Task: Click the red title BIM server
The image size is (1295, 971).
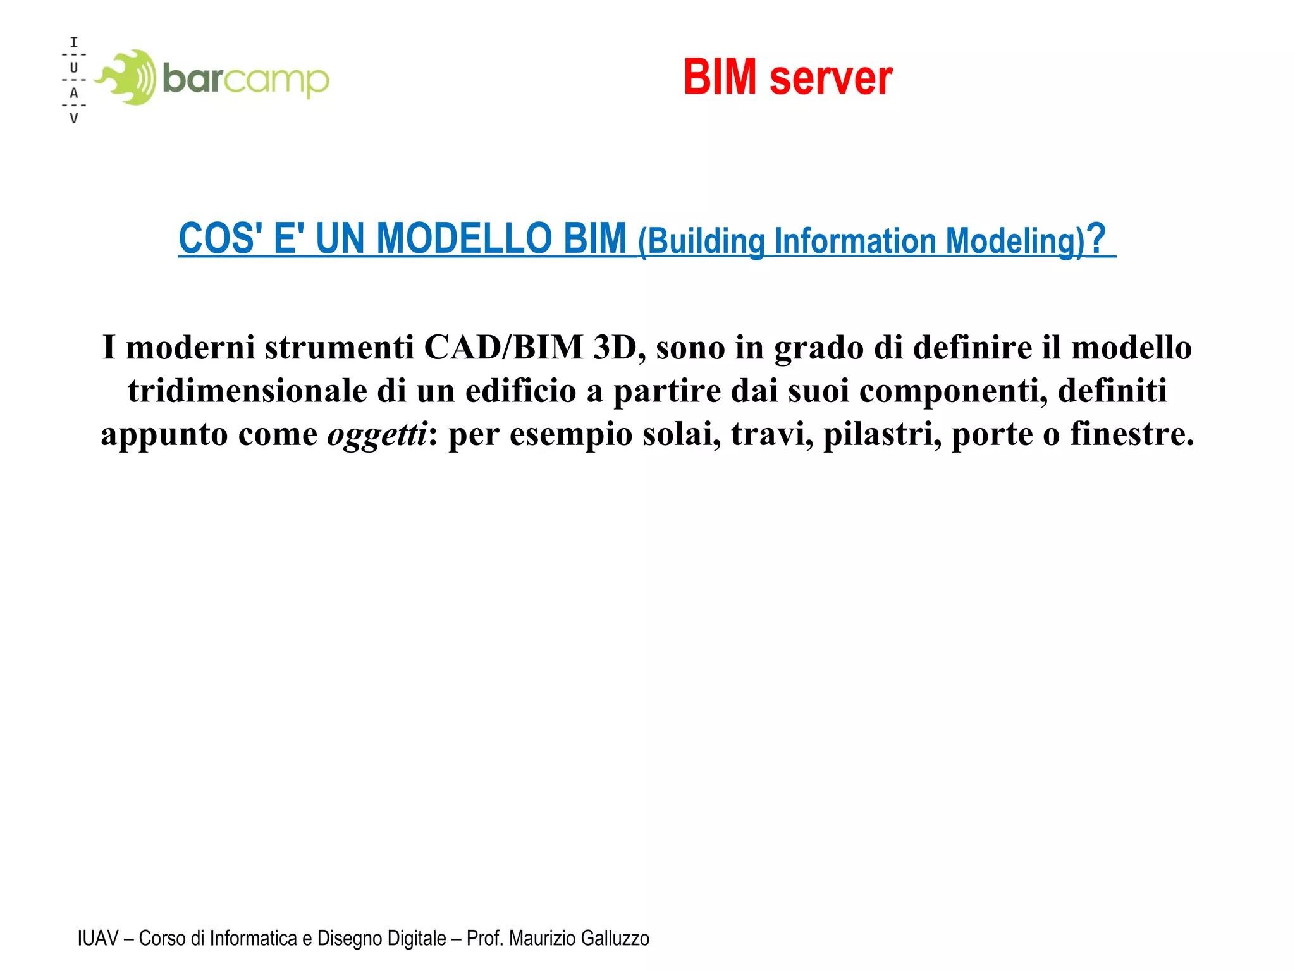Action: coord(788,77)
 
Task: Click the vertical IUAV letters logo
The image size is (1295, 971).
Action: coord(74,80)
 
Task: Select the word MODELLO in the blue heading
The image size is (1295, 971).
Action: coord(465,239)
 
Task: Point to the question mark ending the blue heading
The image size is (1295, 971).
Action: coord(1097,239)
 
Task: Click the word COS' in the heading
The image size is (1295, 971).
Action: coord(221,239)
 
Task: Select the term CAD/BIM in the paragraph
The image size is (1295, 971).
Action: coord(503,348)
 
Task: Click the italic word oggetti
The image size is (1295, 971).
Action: coord(377,434)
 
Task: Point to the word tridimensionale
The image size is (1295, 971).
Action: coord(247,391)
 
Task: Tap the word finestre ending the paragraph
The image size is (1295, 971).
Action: coord(1131,434)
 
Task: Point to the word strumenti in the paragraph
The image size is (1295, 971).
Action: coord(339,348)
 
